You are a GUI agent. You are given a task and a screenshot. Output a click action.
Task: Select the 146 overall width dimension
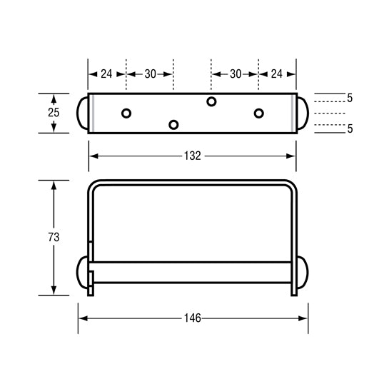pyautogui.click(x=192, y=318)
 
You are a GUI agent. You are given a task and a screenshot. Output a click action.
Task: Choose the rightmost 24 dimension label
pyautogui.click(x=276, y=74)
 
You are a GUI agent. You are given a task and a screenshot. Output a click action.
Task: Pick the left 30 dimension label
pyautogui.click(x=150, y=74)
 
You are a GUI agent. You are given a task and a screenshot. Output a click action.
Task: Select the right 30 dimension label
pyautogui.click(x=235, y=74)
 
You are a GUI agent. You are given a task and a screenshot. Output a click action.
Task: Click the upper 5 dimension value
pyautogui.click(x=350, y=98)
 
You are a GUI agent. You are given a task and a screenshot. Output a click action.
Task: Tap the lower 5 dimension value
pyautogui.click(x=350, y=128)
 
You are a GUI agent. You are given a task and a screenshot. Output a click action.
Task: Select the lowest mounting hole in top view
pyautogui.click(x=173, y=125)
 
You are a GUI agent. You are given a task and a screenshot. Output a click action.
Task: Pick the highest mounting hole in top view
pyautogui.click(x=211, y=101)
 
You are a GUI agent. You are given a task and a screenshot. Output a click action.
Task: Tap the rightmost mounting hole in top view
pyautogui.click(x=258, y=113)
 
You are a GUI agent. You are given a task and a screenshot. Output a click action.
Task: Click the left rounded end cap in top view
pyautogui.click(x=83, y=113)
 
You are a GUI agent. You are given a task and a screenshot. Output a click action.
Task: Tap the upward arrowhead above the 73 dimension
pyautogui.click(x=54, y=185)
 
